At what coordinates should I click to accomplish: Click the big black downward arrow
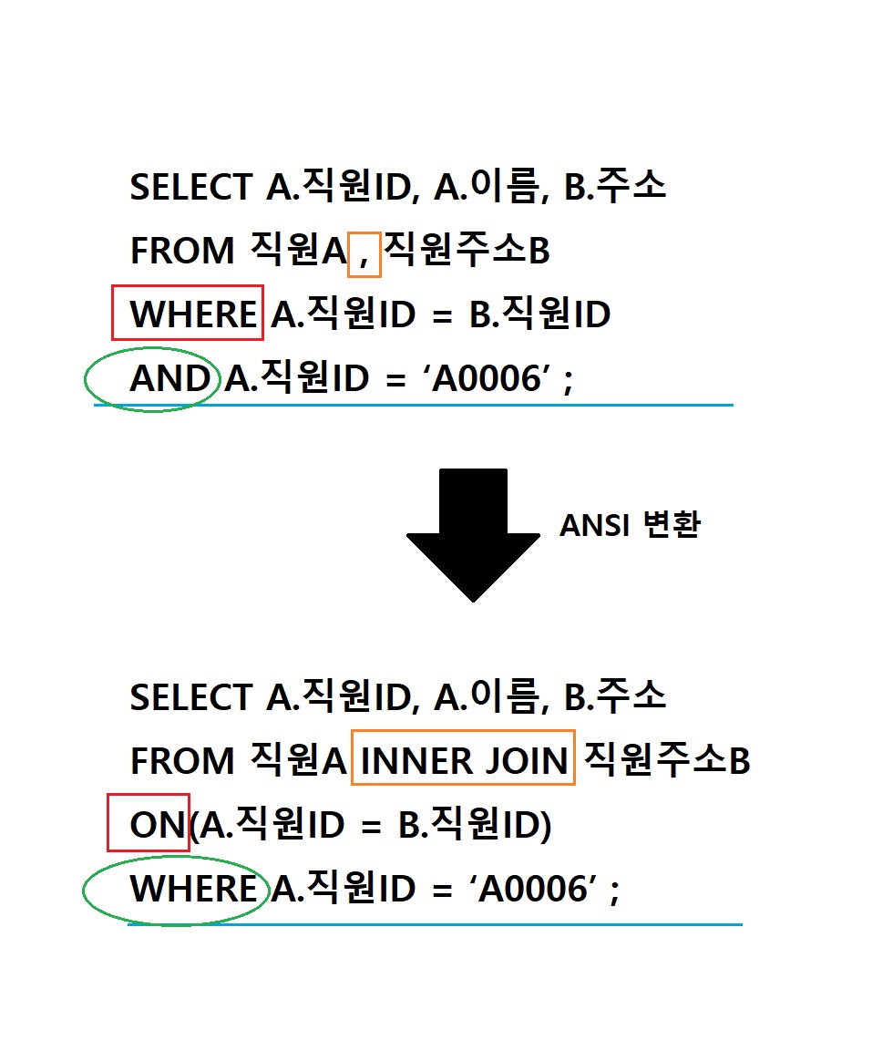473,529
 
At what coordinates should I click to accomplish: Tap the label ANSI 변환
630,525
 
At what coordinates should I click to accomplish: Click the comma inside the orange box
364,253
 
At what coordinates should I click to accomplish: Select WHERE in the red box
192,314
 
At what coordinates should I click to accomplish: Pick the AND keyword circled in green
170,378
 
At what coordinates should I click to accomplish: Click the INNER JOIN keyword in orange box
464,760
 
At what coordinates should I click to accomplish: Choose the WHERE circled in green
192,889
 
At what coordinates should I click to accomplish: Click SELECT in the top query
190,187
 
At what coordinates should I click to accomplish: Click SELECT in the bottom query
190,697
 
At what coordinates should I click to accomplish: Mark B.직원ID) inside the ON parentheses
474,825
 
